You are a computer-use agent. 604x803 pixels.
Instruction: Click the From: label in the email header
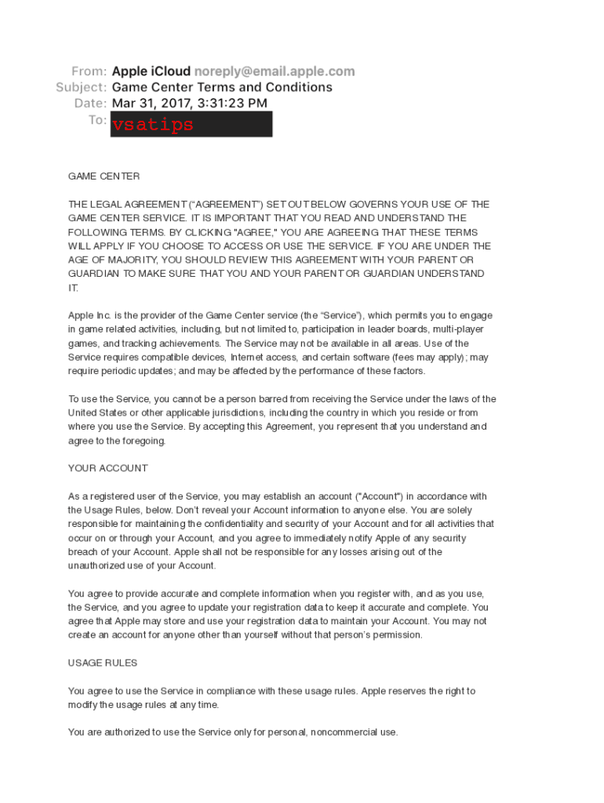89,71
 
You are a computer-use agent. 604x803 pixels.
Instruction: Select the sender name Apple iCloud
151,71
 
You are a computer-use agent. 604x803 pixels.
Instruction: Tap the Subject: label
81,87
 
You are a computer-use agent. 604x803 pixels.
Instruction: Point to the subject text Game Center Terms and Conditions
222,87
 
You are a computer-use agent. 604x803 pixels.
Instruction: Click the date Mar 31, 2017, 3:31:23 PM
189,103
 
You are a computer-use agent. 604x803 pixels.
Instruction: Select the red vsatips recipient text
153,125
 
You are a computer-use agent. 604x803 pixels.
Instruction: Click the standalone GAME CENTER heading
104,176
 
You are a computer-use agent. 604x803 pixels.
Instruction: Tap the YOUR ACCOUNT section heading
107,468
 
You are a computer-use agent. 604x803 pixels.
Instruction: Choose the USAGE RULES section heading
103,663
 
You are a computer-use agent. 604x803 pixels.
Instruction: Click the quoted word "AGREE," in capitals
255,232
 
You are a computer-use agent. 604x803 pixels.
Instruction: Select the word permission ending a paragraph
396,635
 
